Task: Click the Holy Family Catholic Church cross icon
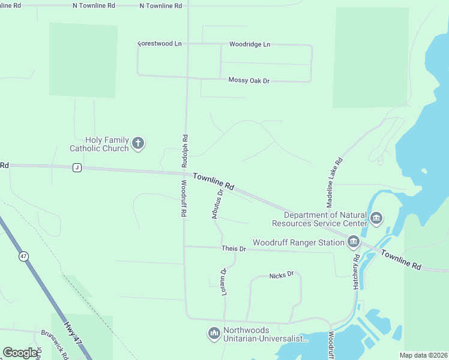pyautogui.click(x=138, y=143)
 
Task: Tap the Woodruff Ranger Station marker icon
pyautogui.click(x=353, y=242)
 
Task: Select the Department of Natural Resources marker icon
pyautogui.click(x=376, y=218)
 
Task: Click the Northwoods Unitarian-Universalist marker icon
pyautogui.click(x=214, y=333)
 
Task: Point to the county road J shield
pyautogui.click(x=77, y=167)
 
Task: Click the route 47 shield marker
pyautogui.click(x=23, y=256)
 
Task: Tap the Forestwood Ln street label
pyautogui.click(x=160, y=44)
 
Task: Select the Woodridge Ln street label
pyautogui.click(x=250, y=44)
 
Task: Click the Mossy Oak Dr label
pyautogui.click(x=249, y=80)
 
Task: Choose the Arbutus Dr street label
pyautogui.click(x=217, y=203)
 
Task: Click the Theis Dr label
pyautogui.click(x=234, y=248)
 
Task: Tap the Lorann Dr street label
pyautogui.click(x=223, y=280)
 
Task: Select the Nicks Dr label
pyautogui.click(x=282, y=275)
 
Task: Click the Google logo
pyautogui.click(x=20, y=353)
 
